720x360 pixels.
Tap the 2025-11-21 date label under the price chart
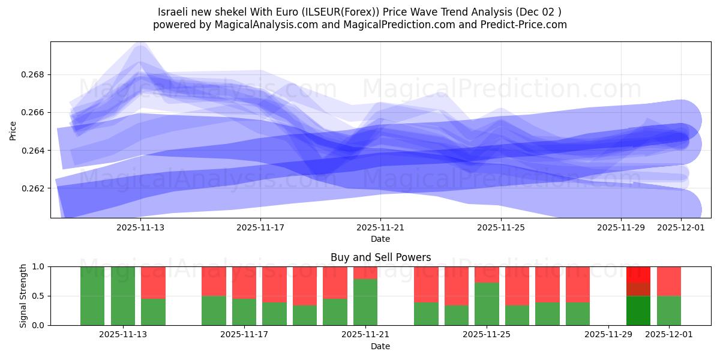tap(380, 227)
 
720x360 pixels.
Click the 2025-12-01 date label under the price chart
tap(681, 227)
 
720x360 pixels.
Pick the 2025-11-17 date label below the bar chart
tap(244, 335)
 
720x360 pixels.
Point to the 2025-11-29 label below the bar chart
tap(608, 335)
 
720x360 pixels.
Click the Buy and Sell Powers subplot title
tap(380, 257)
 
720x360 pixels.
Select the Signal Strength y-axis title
tap(23, 296)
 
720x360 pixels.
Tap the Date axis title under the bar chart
tap(380, 346)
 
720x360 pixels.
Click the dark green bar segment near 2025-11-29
tap(638, 311)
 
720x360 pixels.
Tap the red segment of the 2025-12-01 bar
tap(669, 281)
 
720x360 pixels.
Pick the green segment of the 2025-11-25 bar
tap(487, 304)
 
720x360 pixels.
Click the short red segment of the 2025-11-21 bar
tap(365, 272)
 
